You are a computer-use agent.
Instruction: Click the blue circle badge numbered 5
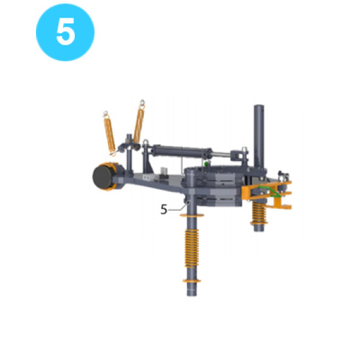[x=65, y=32]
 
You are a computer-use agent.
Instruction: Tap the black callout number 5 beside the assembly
[x=164, y=209]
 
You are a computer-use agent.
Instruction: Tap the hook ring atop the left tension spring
[x=106, y=113]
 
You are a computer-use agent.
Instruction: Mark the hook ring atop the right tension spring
[x=141, y=103]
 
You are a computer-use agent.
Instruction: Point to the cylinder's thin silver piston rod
[x=223, y=154]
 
